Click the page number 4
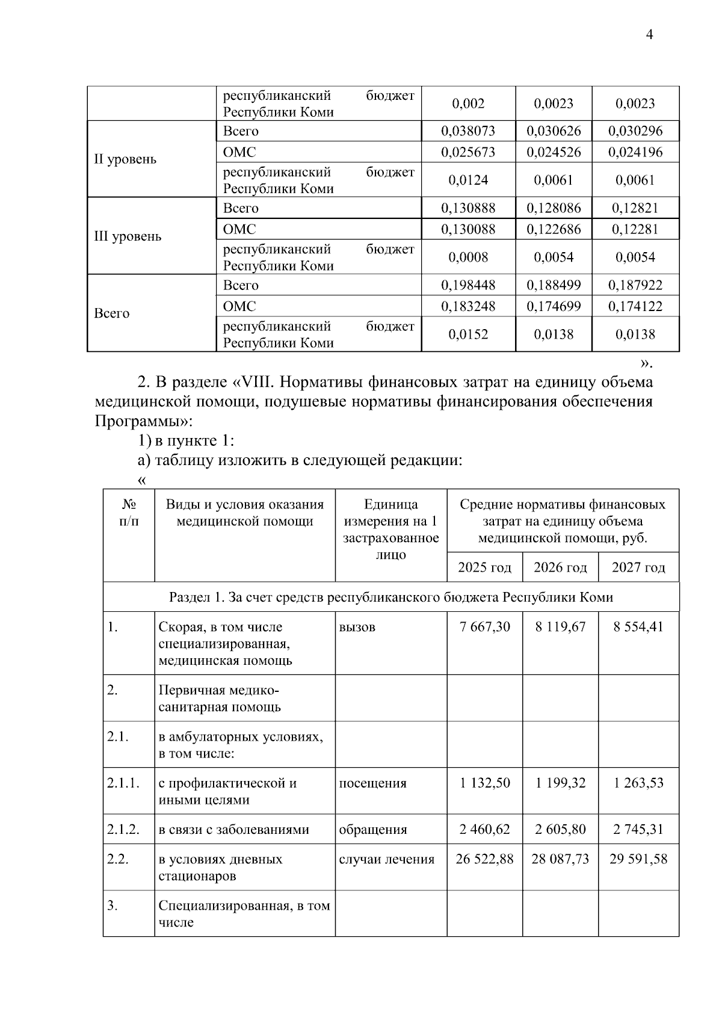click(649, 35)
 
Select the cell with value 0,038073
click(468, 131)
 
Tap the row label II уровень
click(125, 159)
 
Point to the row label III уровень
click(128, 236)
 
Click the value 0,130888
click(468, 208)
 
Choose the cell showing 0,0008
click(468, 258)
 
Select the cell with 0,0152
click(468, 335)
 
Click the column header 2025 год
click(484, 568)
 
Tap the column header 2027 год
click(638, 568)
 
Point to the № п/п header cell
click(129, 513)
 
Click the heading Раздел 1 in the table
click(390, 597)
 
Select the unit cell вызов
click(357, 628)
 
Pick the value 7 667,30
click(484, 627)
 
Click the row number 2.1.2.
click(123, 830)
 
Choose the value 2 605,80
click(560, 830)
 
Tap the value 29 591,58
click(638, 859)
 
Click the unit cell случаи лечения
click(386, 860)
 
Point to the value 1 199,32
click(560, 783)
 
